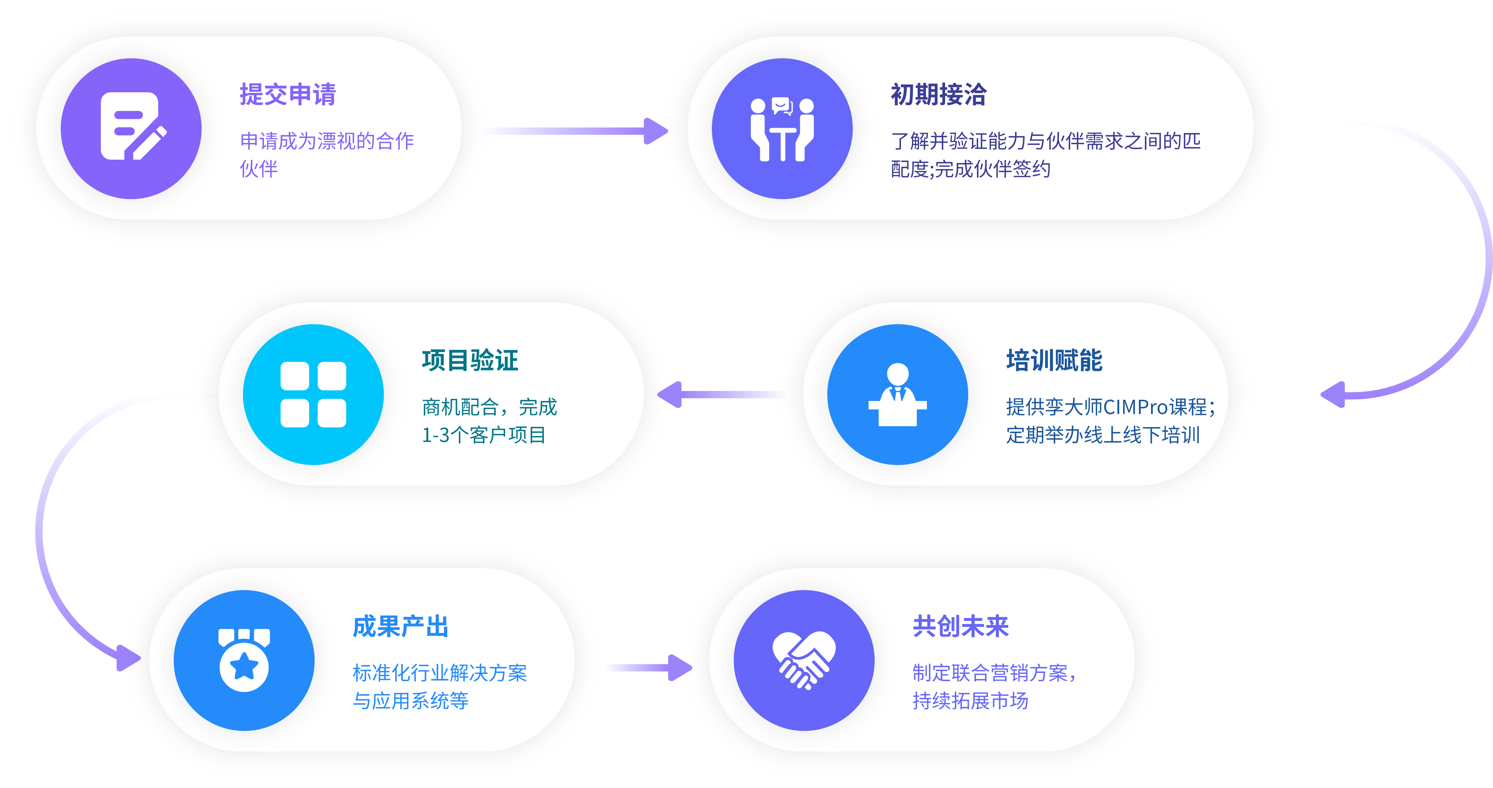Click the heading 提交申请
(x=288, y=94)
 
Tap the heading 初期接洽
(x=938, y=94)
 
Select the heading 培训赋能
(x=1054, y=360)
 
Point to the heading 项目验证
(x=470, y=360)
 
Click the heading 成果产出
(x=401, y=626)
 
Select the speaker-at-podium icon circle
(x=897, y=395)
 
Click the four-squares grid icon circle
(x=313, y=395)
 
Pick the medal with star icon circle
(x=244, y=661)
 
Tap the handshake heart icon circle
(x=804, y=661)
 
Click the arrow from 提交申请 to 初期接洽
(x=574, y=131)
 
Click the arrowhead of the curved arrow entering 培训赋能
(x=1333, y=395)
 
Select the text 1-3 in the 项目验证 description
(x=436, y=435)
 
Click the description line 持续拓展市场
(x=970, y=701)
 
